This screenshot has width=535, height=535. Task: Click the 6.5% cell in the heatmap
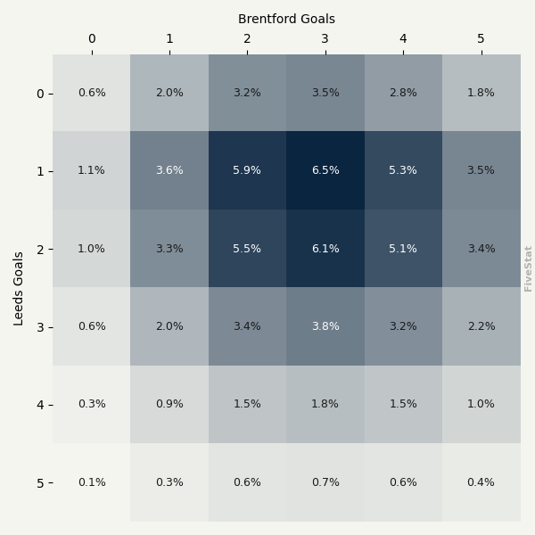click(325, 170)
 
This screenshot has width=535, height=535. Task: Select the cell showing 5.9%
click(247, 170)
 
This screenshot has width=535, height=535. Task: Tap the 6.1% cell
click(325, 249)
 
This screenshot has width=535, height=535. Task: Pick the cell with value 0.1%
click(91, 482)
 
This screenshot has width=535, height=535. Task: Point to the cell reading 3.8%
click(325, 326)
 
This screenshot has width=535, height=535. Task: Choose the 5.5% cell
click(247, 249)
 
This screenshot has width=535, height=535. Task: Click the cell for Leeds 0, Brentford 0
click(91, 93)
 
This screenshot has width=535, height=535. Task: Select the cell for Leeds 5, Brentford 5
click(481, 482)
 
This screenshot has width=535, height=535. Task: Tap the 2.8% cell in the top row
click(403, 93)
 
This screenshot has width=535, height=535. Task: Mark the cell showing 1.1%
click(91, 170)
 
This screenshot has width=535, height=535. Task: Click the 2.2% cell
click(481, 326)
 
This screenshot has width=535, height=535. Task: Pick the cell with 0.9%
click(169, 404)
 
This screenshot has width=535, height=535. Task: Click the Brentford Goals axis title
click(286, 19)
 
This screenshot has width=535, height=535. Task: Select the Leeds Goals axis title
click(19, 288)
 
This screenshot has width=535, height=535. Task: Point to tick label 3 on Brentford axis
click(325, 38)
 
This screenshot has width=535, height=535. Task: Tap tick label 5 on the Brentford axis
click(481, 38)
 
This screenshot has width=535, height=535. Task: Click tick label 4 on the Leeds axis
click(40, 405)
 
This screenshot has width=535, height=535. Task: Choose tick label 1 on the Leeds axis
click(40, 171)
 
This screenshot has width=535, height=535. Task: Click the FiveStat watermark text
click(528, 268)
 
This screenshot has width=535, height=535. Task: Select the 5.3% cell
click(403, 170)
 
